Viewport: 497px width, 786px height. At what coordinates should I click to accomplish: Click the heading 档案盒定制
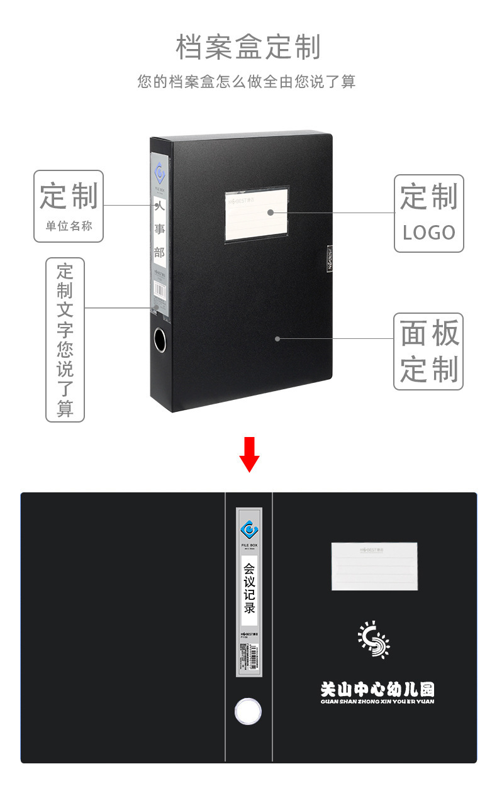[x=248, y=48]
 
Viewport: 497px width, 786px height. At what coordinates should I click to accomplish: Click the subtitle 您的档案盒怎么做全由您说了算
[x=247, y=82]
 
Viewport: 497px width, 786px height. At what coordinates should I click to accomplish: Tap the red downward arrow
[x=249, y=454]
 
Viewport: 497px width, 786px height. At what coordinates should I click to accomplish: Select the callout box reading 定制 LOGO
[x=428, y=214]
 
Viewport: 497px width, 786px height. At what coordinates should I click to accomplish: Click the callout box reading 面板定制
[x=428, y=351]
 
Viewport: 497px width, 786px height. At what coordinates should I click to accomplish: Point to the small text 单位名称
[x=69, y=226]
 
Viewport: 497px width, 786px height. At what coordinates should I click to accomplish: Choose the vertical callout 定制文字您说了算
[x=65, y=340]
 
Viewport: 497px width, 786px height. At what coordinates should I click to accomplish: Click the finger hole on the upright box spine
[x=160, y=340]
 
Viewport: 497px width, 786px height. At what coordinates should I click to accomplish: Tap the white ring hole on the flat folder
[x=248, y=711]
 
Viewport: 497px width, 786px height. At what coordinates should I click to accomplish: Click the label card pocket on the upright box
[x=257, y=214]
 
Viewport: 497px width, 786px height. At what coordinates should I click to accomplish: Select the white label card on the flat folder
[x=374, y=566]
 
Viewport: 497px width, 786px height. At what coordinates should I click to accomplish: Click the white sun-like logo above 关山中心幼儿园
[x=374, y=639]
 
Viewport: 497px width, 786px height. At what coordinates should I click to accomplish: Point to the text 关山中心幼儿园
[x=377, y=689]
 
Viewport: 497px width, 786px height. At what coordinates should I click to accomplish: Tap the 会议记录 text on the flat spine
[x=249, y=587]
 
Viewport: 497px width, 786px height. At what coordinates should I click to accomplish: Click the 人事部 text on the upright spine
[x=159, y=229]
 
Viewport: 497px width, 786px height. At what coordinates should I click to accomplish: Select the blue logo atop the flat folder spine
[x=249, y=528]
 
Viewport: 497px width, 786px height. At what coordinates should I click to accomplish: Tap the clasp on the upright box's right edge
[x=328, y=258]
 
